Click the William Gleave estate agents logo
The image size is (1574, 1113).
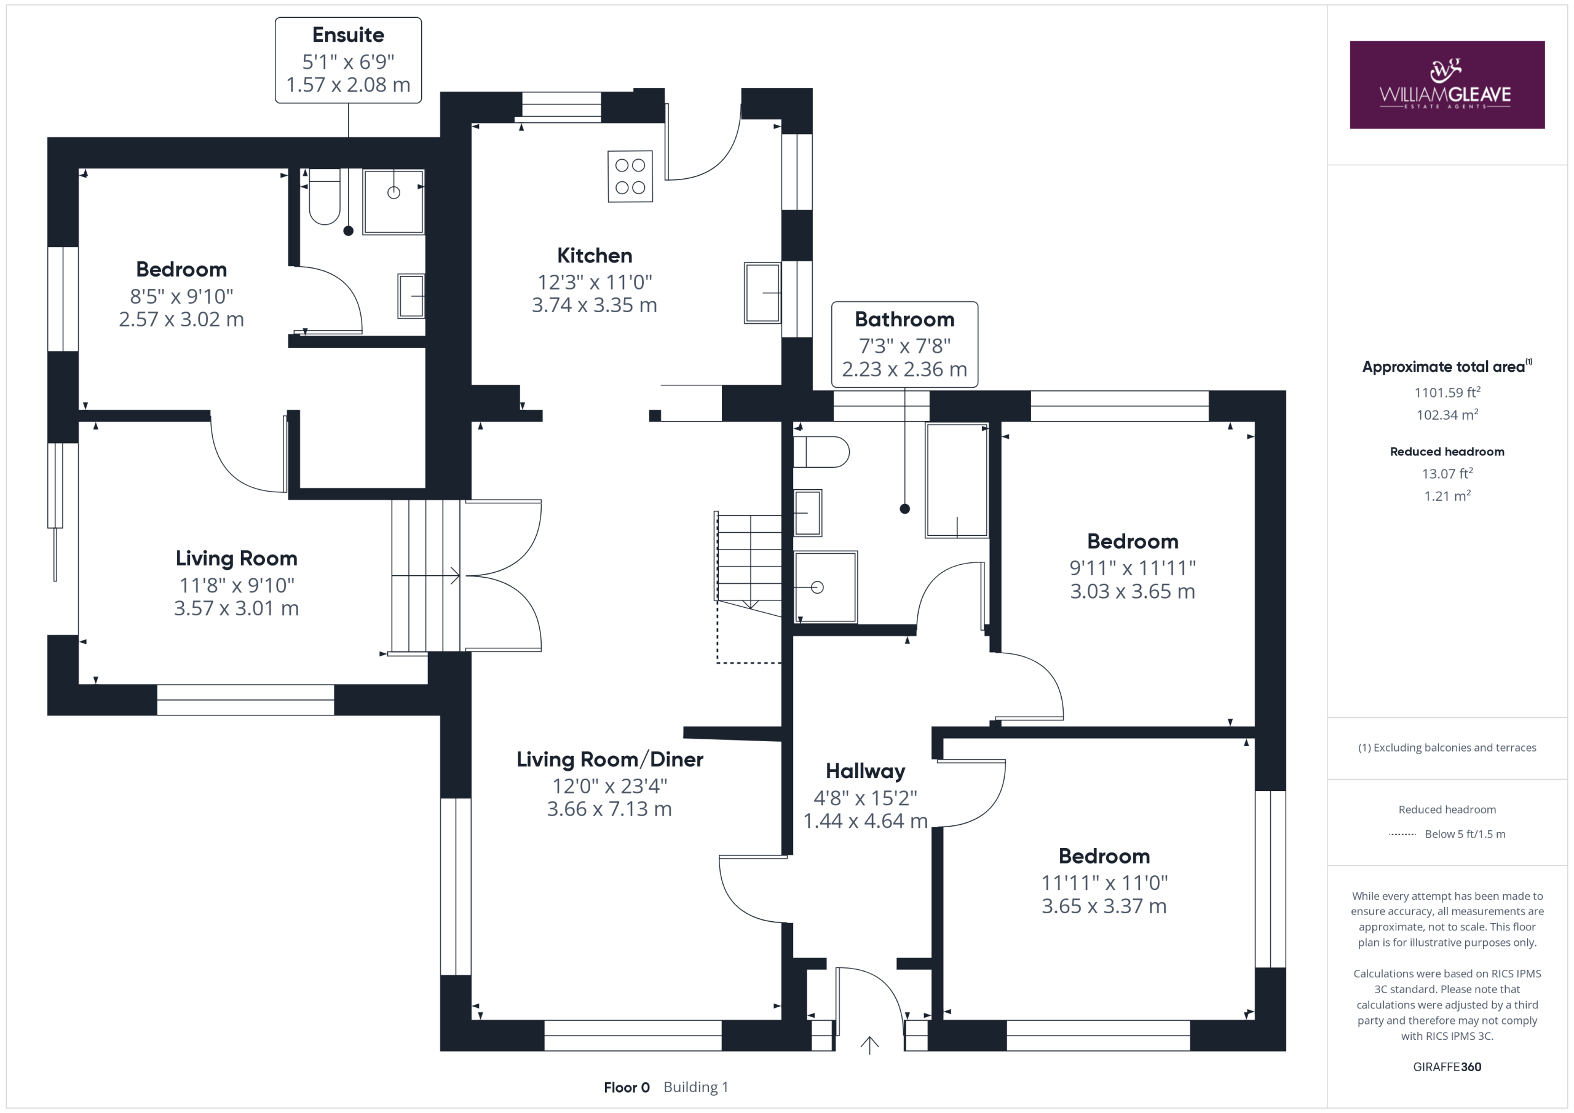(x=1447, y=85)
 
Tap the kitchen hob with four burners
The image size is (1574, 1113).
(x=630, y=176)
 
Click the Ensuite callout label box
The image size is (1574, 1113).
(x=348, y=60)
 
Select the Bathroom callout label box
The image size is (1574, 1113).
(x=904, y=345)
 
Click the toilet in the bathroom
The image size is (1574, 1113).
(x=821, y=452)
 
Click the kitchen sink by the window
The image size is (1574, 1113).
(x=762, y=293)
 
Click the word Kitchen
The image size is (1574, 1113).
(x=595, y=256)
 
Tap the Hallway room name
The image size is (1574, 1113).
(x=865, y=771)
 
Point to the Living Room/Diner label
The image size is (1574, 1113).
(x=609, y=760)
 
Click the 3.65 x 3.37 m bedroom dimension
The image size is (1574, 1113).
(x=1104, y=906)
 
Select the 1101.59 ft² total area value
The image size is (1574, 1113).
(x=1447, y=392)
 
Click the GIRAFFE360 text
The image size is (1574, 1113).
(x=1447, y=1066)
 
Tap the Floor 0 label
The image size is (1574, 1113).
(x=627, y=1087)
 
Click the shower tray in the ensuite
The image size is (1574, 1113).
(x=393, y=202)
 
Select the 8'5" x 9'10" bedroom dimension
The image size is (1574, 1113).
(x=181, y=296)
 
